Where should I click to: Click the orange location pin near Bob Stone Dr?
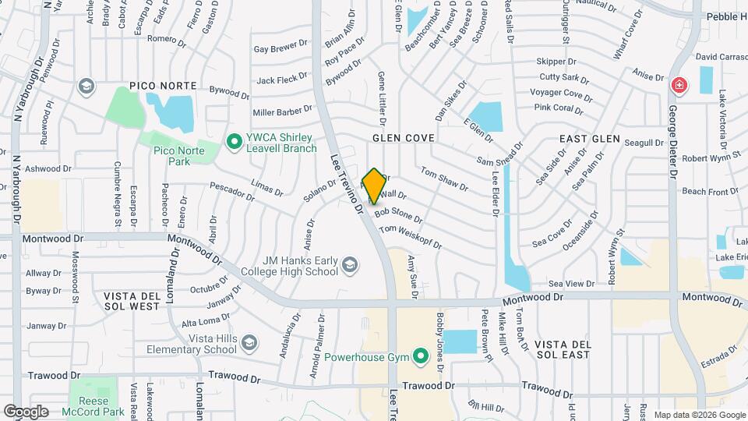tap(374, 186)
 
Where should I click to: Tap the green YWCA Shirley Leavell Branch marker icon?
tap(232, 141)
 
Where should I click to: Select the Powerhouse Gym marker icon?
tap(422, 357)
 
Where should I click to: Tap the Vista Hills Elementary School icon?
tap(249, 343)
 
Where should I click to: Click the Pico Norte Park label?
tap(180, 156)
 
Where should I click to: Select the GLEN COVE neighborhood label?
tap(403, 138)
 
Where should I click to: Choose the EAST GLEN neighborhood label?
tap(590, 139)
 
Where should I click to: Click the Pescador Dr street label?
tap(231, 192)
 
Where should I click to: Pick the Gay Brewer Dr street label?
tap(276, 48)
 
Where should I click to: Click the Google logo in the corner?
tap(26, 411)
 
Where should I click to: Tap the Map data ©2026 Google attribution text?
tap(698, 415)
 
